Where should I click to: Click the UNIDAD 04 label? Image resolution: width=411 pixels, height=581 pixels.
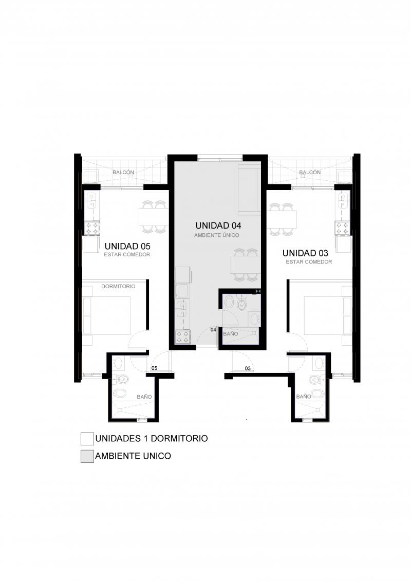pos(218,226)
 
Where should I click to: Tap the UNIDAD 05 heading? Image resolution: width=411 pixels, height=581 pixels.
pos(127,246)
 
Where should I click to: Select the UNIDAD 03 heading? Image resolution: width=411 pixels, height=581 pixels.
pos(305,253)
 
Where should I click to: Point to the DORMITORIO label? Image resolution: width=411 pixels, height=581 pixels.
pos(118,287)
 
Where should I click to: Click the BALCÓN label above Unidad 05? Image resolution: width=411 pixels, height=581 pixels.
pos(123,172)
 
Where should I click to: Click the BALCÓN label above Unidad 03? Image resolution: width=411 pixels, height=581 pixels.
pos(310,172)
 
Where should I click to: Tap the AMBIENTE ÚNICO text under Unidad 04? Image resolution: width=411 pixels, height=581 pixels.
pos(217,235)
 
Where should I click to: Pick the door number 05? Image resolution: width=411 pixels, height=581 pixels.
pos(154,368)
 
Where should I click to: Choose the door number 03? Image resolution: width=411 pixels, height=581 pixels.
pos(248,368)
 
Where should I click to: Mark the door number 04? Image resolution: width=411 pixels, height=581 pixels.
pos(213,329)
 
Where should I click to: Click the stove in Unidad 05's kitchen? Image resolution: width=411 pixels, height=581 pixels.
pos(92,228)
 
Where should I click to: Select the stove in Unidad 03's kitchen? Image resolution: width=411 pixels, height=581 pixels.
pos(342,228)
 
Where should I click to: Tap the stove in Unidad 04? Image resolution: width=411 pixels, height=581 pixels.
pos(183,337)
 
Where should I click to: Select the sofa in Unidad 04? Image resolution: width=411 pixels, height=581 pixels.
pos(249,191)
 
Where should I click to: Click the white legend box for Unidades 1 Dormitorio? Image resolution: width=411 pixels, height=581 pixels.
pos(87,439)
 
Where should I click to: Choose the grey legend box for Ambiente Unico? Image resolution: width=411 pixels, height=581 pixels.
pos(87,456)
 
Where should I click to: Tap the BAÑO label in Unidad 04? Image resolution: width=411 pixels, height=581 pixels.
pos(231,333)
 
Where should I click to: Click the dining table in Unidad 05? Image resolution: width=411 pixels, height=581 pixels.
pos(154,217)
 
